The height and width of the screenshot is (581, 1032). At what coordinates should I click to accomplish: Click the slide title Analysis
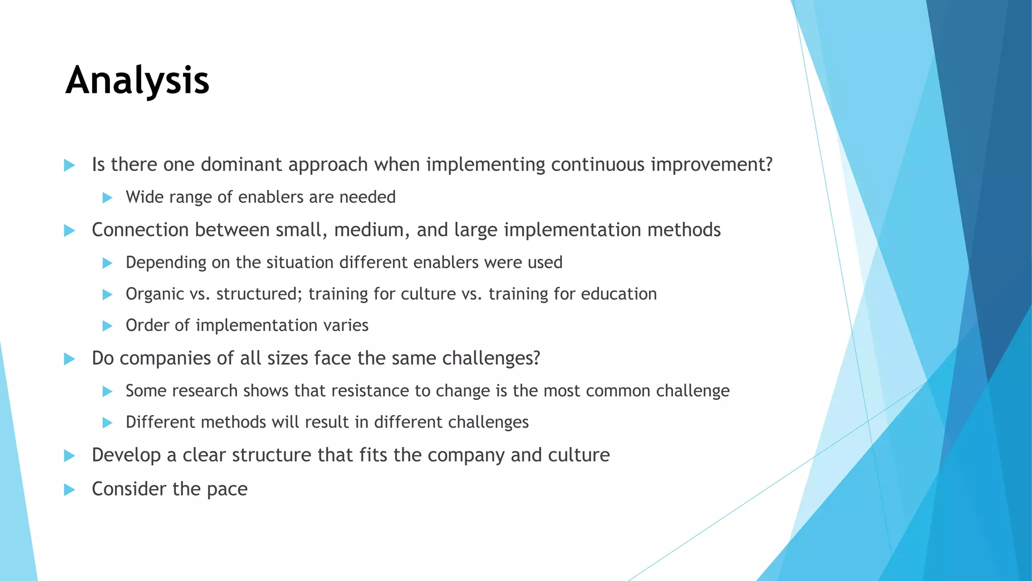tap(137, 81)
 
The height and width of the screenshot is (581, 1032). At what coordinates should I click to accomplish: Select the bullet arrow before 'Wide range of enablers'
tap(107, 198)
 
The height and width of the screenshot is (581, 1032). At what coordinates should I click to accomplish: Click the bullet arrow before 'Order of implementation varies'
tap(107, 326)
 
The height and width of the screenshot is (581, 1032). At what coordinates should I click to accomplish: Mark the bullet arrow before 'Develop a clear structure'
tap(70, 456)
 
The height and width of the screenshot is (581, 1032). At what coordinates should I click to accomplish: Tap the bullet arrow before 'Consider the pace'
tap(70, 490)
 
